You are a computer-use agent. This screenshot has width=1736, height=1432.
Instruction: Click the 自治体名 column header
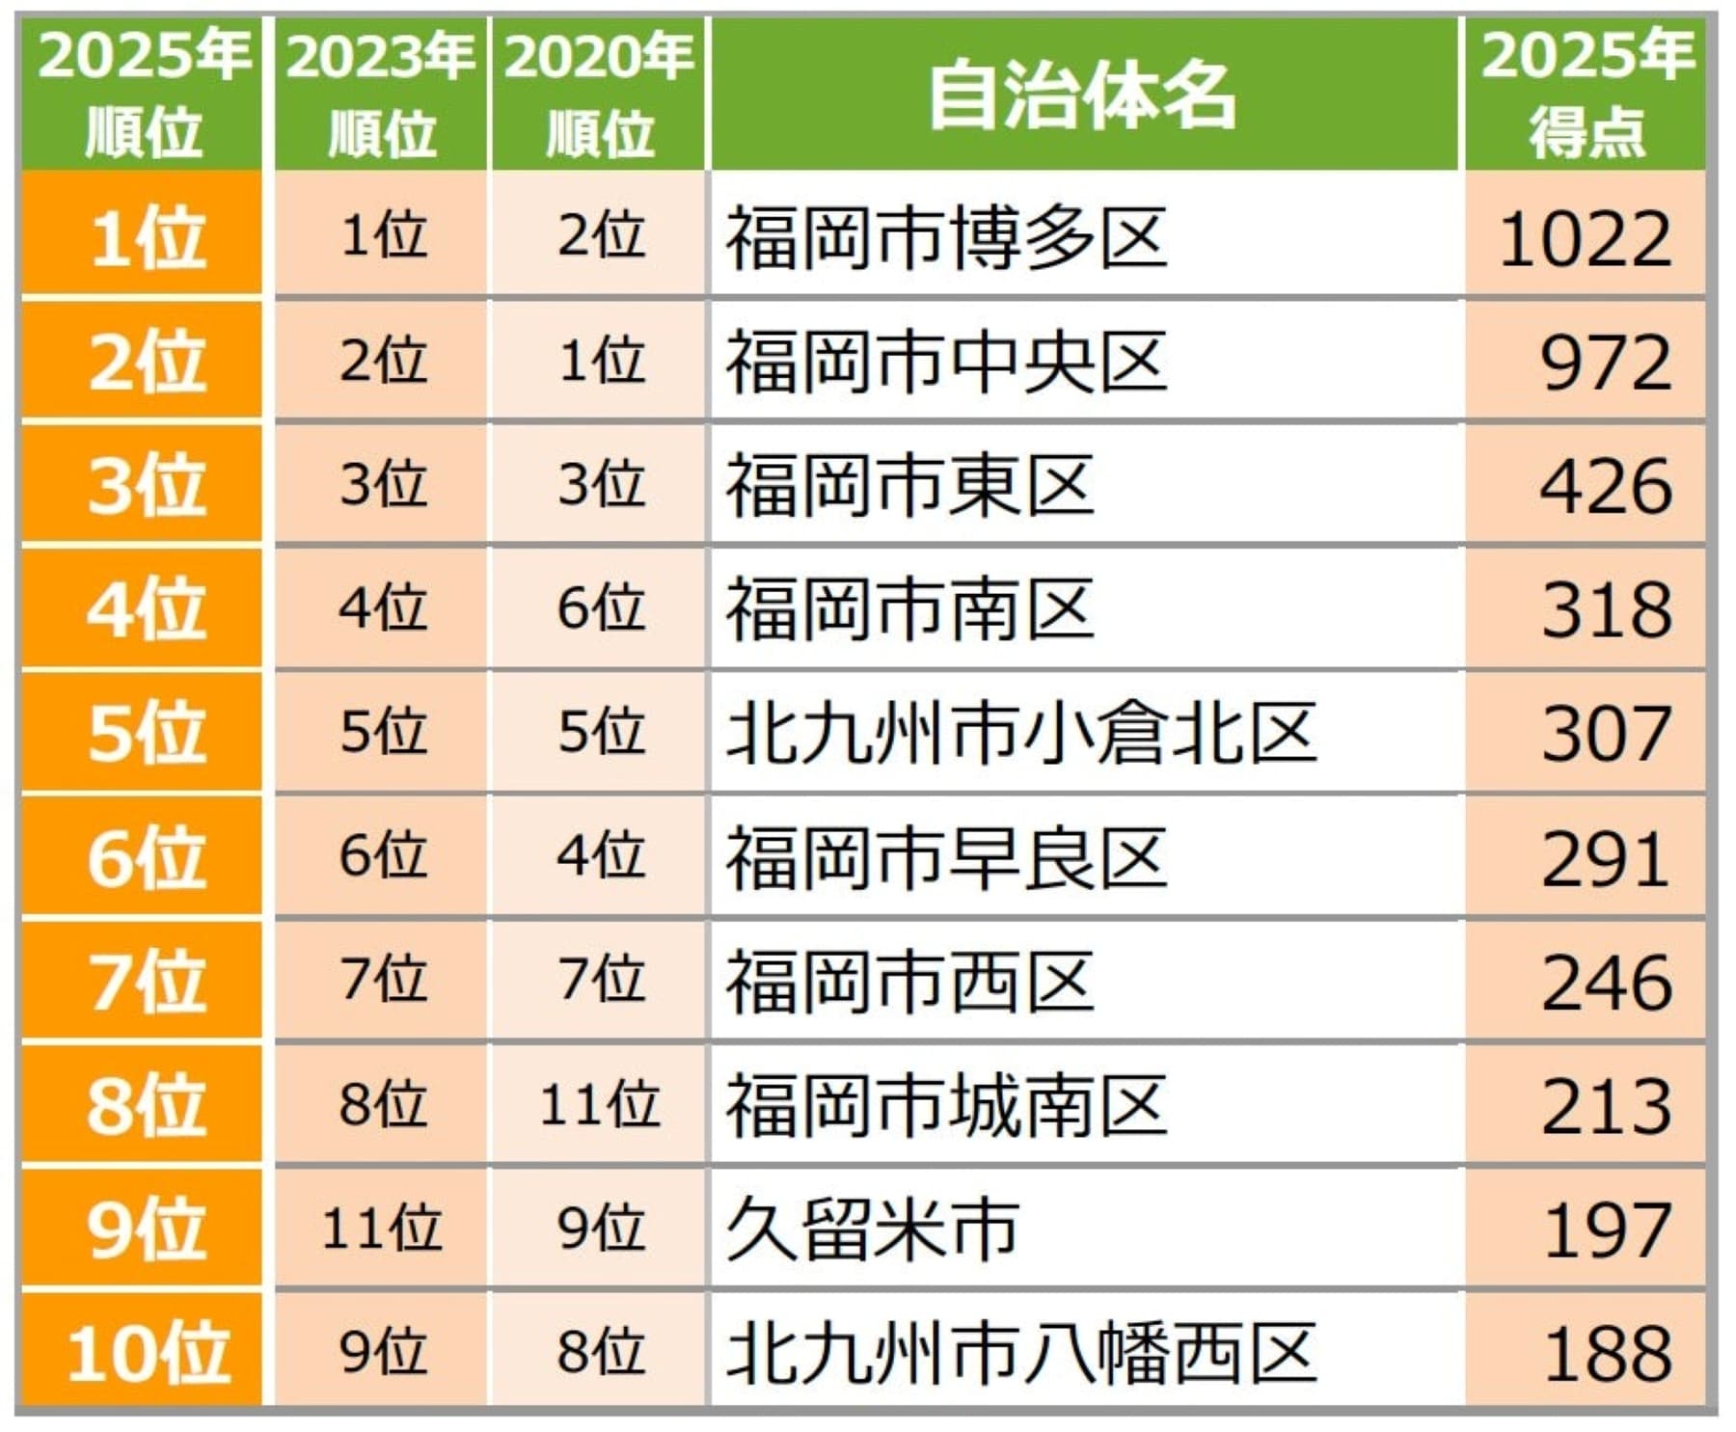(x=1082, y=95)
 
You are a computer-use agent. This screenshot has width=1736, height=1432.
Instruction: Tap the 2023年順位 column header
(x=381, y=95)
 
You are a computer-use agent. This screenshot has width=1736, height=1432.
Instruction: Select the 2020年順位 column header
(x=599, y=95)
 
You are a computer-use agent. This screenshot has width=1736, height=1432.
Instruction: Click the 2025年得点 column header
(x=1587, y=95)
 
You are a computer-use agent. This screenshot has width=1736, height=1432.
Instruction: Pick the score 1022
(x=1586, y=238)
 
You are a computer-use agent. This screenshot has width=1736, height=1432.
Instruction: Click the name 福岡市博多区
(x=946, y=238)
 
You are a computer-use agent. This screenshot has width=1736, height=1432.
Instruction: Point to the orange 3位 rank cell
(x=145, y=485)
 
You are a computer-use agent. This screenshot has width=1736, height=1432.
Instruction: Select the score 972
(x=1605, y=362)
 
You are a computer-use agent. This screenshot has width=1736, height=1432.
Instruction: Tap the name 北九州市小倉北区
(x=1020, y=733)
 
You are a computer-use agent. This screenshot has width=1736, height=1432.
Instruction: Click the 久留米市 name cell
(x=872, y=1229)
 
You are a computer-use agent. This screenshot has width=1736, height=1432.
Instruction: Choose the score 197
(x=1607, y=1229)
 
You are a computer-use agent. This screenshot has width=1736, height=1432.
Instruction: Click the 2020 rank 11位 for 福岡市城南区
(x=599, y=1105)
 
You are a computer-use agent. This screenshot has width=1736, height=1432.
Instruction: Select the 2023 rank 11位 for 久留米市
(x=381, y=1229)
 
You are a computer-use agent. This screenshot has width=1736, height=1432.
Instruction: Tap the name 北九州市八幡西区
(x=1020, y=1353)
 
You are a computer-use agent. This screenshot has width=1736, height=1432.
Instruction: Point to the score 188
(x=1607, y=1353)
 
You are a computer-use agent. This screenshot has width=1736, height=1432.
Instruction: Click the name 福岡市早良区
(x=946, y=857)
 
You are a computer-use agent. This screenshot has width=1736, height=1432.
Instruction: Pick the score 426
(x=1605, y=485)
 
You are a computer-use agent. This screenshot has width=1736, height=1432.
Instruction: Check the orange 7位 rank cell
(x=145, y=982)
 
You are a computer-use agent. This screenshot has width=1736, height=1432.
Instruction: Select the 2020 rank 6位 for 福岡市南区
(x=599, y=608)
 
